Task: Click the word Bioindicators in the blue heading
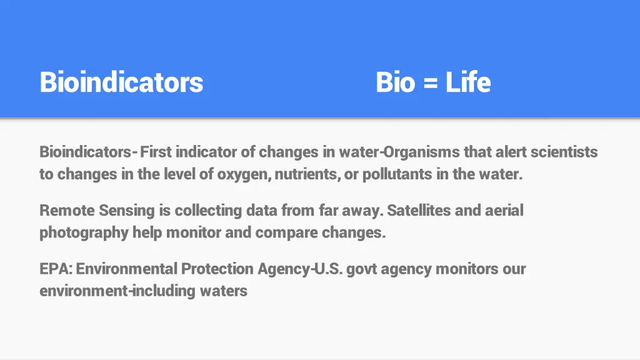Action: (x=121, y=82)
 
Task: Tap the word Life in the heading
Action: (x=468, y=82)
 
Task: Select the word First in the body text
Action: (x=156, y=152)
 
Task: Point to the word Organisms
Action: (x=422, y=152)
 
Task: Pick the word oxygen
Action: (x=242, y=174)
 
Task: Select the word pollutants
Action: (x=397, y=174)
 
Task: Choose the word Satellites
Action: (x=419, y=210)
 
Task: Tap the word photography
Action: (x=84, y=233)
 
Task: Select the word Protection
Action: (x=217, y=269)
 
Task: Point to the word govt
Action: (x=362, y=269)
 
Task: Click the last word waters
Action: (x=224, y=291)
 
